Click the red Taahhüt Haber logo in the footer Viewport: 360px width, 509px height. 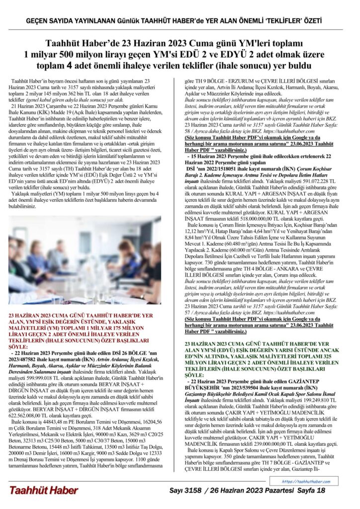coord(43,491)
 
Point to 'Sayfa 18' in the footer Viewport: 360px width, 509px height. coord(311,491)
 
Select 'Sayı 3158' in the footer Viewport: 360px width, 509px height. coord(184,491)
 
